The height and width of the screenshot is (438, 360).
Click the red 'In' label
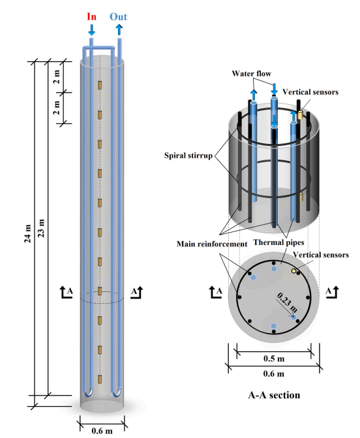point(92,17)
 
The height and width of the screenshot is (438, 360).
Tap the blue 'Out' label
point(118,17)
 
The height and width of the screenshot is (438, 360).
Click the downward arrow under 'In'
point(91,30)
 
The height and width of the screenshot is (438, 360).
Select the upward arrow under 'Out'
point(119,30)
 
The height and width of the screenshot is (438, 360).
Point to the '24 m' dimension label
point(27,233)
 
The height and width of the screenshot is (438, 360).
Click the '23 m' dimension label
point(41,228)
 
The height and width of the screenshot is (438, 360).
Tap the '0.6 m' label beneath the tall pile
point(102,431)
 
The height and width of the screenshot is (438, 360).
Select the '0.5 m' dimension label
point(274,358)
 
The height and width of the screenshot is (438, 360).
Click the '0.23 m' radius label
point(288,302)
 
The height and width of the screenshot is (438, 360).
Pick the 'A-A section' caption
point(274,395)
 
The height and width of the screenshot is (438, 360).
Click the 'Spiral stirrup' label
point(188,155)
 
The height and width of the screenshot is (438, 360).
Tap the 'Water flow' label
point(251,74)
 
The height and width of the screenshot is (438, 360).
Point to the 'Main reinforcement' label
point(212,244)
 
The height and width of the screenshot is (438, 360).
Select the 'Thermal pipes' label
point(278,242)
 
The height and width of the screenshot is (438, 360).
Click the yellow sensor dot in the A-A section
point(293,270)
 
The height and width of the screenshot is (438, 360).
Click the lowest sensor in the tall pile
point(100,379)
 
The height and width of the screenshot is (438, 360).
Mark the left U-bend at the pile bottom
point(88,392)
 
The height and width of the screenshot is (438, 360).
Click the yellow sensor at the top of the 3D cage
point(300,115)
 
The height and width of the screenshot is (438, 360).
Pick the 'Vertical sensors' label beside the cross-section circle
point(321,255)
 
